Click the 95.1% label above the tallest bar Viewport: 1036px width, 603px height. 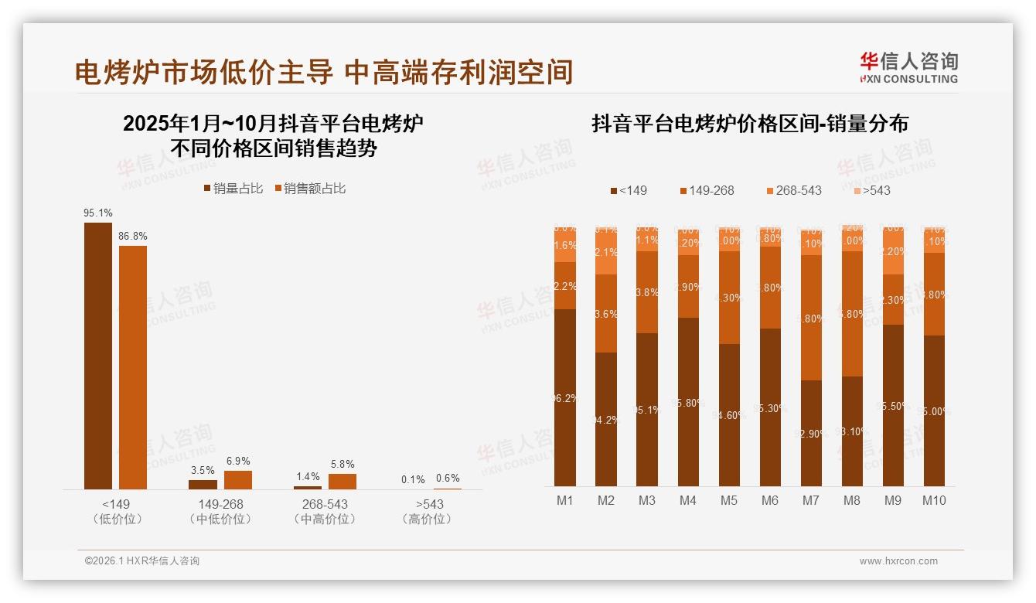pos(98,213)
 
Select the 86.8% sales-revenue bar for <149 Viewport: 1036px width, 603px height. pos(132,367)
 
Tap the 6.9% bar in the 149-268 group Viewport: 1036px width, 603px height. pos(238,480)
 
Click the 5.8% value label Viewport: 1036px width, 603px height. pos(342,464)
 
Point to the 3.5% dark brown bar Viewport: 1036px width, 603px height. pos(203,485)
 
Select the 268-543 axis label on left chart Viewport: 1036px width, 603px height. pos(325,504)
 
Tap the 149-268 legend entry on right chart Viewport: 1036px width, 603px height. pos(707,190)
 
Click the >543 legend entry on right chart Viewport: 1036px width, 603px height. pos(872,190)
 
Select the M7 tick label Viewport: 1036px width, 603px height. pos(810,500)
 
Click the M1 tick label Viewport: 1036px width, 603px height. pos(565,500)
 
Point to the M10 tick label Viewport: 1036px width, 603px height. pos(934,500)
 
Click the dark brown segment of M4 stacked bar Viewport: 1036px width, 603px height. pos(688,402)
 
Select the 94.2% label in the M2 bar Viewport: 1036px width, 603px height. pos(606,420)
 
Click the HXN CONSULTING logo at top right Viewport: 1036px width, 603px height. pos(908,67)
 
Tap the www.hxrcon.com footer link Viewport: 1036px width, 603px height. pos(898,561)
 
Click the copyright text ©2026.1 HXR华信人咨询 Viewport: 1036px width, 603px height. pos(142,561)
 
